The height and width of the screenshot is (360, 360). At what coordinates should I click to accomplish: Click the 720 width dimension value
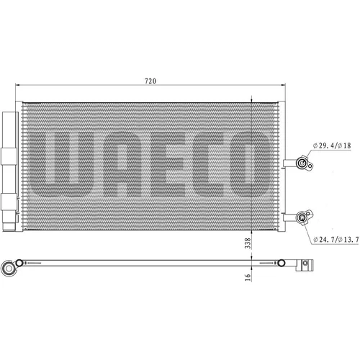point(150,81)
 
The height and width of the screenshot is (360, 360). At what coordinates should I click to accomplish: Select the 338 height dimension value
point(248,243)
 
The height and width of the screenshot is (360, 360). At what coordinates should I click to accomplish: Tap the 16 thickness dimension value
point(248,277)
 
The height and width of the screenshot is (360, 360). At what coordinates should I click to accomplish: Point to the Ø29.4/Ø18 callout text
point(332,145)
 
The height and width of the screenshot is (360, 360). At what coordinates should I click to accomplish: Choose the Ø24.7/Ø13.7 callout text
point(336,239)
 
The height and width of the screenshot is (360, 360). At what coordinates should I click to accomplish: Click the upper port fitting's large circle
point(302,163)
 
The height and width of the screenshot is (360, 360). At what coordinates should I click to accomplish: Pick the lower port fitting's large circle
point(302,217)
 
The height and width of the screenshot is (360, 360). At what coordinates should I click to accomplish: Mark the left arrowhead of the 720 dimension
point(17,85)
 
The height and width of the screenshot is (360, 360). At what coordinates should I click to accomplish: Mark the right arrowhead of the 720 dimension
point(283,85)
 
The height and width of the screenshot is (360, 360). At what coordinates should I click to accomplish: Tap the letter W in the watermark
point(60,163)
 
